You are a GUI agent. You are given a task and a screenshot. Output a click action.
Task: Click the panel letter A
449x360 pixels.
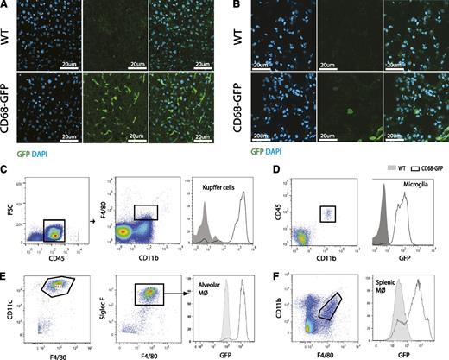[x=5, y=5]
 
